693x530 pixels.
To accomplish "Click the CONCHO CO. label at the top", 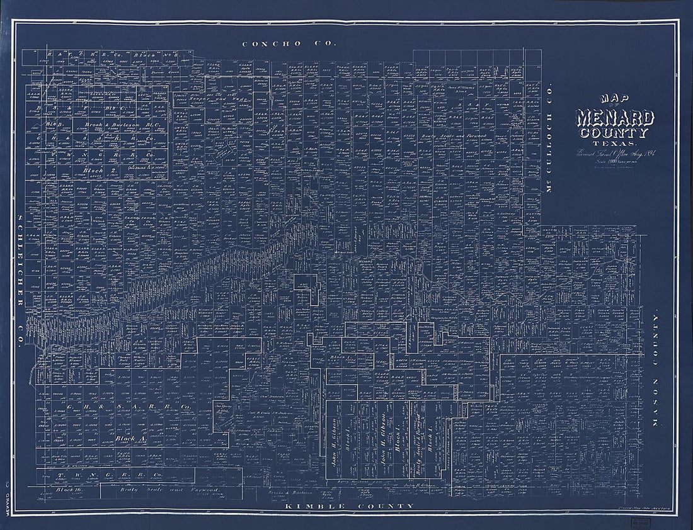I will pos(290,43).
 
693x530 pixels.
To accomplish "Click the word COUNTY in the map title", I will pos(615,133).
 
